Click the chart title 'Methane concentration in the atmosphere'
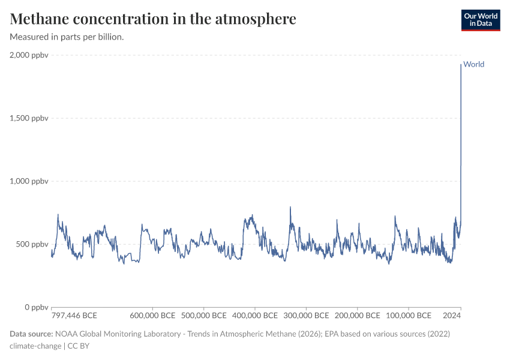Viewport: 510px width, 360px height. pyautogui.click(x=153, y=19)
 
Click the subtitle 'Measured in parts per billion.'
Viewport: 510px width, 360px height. pyautogui.click(x=67, y=37)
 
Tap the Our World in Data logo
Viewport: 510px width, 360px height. pyautogui.click(x=480, y=20)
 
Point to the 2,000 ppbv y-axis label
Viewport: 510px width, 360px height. pyautogui.click(x=29, y=55)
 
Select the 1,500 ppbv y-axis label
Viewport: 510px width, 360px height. pyautogui.click(x=29, y=118)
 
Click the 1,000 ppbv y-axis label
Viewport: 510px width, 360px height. pyautogui.click(x=29, y=181)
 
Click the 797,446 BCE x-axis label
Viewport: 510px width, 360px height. pyautogui.click(x=74, y=316)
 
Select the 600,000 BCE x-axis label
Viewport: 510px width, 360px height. pyautogui.click(x=152, y=316)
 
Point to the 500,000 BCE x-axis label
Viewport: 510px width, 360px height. pyautogui.click(x=203, y=316)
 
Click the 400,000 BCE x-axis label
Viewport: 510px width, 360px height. pyautogui.click(x=254, y=316)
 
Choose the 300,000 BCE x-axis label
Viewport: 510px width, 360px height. pyautogui.click(x=306, y=316)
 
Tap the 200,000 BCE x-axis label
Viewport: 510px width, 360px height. pyautogui.click(x=357, y=316)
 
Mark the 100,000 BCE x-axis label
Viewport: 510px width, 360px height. pyautogui.click(x=408, y=316)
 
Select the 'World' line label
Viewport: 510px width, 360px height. pyautogui.click(x=473, y=64)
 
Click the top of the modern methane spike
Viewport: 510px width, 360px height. pyautogui.click(x=461, y=65)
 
